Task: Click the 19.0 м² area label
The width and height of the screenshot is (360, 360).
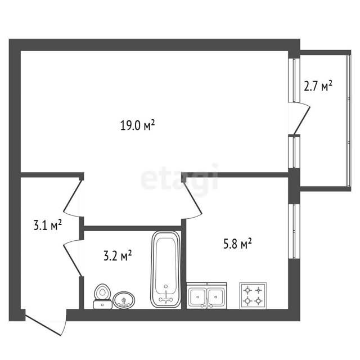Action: (137, 125)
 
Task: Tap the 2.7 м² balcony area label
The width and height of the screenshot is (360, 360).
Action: (318, 86)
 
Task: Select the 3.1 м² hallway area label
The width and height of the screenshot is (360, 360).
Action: (47, 225)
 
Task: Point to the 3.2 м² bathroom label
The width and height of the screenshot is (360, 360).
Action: (118, 256)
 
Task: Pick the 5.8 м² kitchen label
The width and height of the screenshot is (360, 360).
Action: (237, 244)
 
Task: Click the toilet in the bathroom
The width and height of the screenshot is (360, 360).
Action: (102, 296)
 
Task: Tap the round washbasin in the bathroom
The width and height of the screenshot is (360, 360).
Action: (124, 300)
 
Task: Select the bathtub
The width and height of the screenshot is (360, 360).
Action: (166, 269)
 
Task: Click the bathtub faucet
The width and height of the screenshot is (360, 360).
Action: (166, 298)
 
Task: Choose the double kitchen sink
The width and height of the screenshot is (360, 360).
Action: (206, 296)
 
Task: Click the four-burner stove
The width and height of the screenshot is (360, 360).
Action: (253, 296)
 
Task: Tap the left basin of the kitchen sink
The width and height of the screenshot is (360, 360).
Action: (197, 296)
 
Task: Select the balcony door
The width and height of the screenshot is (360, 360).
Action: (303, 119)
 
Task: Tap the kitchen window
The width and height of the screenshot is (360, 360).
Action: (294, 231)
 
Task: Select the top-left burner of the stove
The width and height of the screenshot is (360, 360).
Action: (247, 290)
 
